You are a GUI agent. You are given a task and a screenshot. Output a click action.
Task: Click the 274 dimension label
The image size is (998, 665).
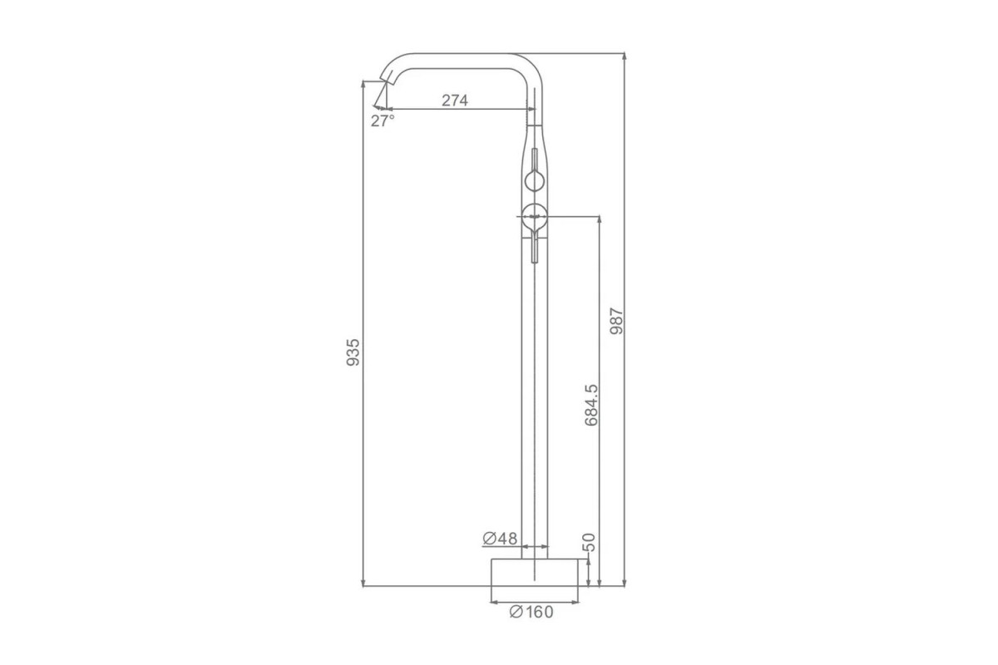[454, 101]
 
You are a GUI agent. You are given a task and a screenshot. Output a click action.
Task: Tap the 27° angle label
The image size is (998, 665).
[383, 121]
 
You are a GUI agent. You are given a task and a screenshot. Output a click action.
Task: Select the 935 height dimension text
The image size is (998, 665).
[353, 352]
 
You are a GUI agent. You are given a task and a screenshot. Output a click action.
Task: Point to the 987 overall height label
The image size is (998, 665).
[616, 321]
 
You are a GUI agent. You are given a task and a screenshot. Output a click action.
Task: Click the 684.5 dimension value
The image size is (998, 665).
[591, 406]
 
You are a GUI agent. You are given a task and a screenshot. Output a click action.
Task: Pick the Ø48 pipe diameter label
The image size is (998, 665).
[500, 539]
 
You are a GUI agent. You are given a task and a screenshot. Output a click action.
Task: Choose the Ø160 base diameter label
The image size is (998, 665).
[531, 612]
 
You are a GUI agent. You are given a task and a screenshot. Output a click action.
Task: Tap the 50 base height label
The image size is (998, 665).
[589, 542]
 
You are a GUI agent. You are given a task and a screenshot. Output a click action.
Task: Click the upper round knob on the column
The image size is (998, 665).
[535, 181]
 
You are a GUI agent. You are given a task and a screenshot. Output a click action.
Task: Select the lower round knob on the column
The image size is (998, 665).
[535, 217]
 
